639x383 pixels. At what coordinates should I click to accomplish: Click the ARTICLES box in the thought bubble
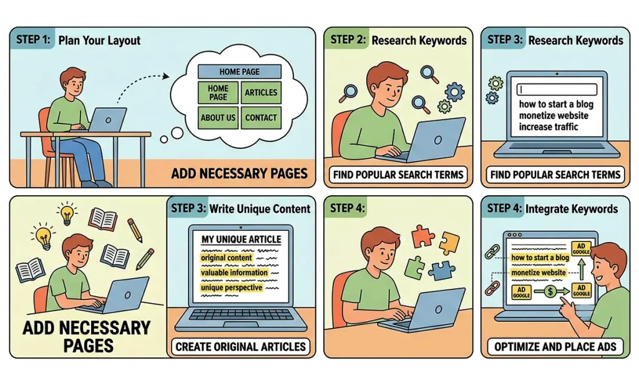click(261, 92)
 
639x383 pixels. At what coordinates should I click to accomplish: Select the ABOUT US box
click(218, 118)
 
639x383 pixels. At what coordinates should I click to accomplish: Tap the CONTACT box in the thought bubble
click(261, 118)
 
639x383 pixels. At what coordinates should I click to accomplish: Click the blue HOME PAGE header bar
click(240, 72)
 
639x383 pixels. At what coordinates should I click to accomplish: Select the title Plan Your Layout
click(99, 41)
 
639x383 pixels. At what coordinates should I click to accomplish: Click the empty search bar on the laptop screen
click(557, 89)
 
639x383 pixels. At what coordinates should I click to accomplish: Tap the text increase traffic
click(548, 127)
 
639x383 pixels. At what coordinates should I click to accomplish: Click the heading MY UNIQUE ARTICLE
click(241, 239)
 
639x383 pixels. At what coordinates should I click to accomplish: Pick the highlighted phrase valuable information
click(235, 273)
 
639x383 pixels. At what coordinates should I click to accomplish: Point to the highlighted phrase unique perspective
click(232, 288)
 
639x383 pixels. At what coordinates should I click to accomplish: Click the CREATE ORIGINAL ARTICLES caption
click(240, 347)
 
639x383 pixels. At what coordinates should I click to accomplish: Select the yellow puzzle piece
click(449, 243)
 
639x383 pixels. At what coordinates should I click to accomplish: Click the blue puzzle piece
click(442, 269)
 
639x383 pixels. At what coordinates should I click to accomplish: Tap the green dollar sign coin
click(550, 291)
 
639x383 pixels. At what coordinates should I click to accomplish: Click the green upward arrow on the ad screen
click(582, 269)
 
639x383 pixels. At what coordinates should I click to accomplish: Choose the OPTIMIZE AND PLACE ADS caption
click(555, 347)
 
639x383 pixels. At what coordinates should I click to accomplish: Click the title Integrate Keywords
click(572, 209)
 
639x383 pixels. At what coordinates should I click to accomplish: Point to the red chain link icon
click(492, 288)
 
